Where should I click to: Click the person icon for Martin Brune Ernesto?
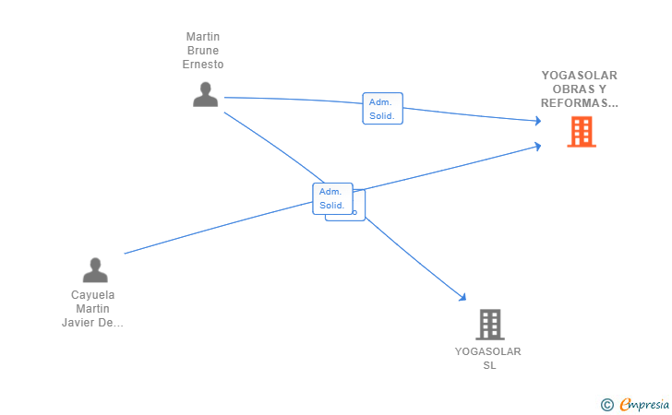[205, 94]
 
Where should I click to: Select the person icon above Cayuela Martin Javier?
[95, 270]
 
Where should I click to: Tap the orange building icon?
[582, 132]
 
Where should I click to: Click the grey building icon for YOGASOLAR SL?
[490, 325]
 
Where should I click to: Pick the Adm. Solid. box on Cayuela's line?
[332, 198]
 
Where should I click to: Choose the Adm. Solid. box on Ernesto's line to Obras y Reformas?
[383, 108]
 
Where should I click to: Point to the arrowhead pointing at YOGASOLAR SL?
[462, 297]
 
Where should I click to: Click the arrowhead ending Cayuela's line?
[537, 147]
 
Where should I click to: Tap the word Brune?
[203, 51]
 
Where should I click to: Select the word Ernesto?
[203, 65]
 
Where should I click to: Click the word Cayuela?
[92, 295]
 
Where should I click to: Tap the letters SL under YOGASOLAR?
[489, 365]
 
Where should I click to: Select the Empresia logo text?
[644, 404]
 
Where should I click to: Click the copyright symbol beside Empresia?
[606, 405]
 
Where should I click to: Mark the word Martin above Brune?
[203, 36]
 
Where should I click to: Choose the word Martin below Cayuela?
[92, 309]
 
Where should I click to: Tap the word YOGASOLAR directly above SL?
[487, 351]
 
